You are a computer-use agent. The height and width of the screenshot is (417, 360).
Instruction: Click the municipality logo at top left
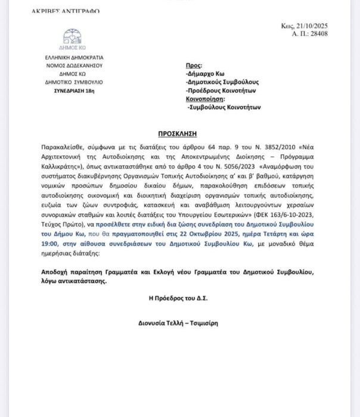point(72,38)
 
